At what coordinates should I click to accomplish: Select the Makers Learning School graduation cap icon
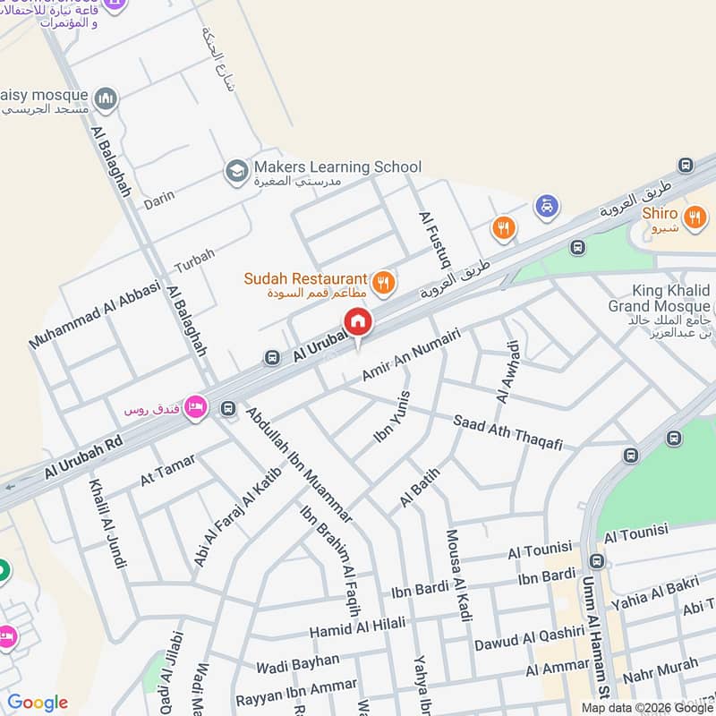pyautogui.click(x=236, y=170)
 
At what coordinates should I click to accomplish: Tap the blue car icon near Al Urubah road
pyautogui.click(x=546, y=207)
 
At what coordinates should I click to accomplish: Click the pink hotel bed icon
pyautogui.click(x=196, y=408)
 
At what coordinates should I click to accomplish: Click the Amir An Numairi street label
pyautogui.click(x=411, y=354)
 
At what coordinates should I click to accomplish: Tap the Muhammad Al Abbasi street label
pyautogui.click(x=94, y=314)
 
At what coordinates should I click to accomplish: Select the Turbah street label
pyautogui.click(x=194, y=260)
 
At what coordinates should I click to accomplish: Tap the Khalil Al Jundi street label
pyautogui.click(x=107, y=524)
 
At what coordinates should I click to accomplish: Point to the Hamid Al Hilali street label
pyautogui.click(x=357, y=626)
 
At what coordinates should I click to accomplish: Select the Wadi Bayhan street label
pyautogui.click(x=297, y=663)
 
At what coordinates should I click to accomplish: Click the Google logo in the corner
pyautogui.click(x=38, y=703)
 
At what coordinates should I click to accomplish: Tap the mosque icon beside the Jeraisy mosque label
pyautogui.click(x=106, y=98)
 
